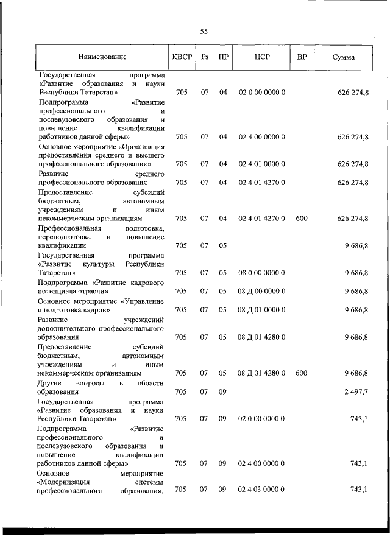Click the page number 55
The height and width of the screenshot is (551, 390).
(x=204, y=32)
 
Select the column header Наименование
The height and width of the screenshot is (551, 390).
(x=102, y=57)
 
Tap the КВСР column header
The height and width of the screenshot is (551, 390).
(x=182, y=57)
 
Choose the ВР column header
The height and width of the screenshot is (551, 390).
(x=301, y=57)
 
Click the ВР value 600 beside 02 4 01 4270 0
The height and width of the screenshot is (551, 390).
(x=301, y=218)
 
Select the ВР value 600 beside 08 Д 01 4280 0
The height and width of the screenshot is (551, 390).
(x=301, y=373)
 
